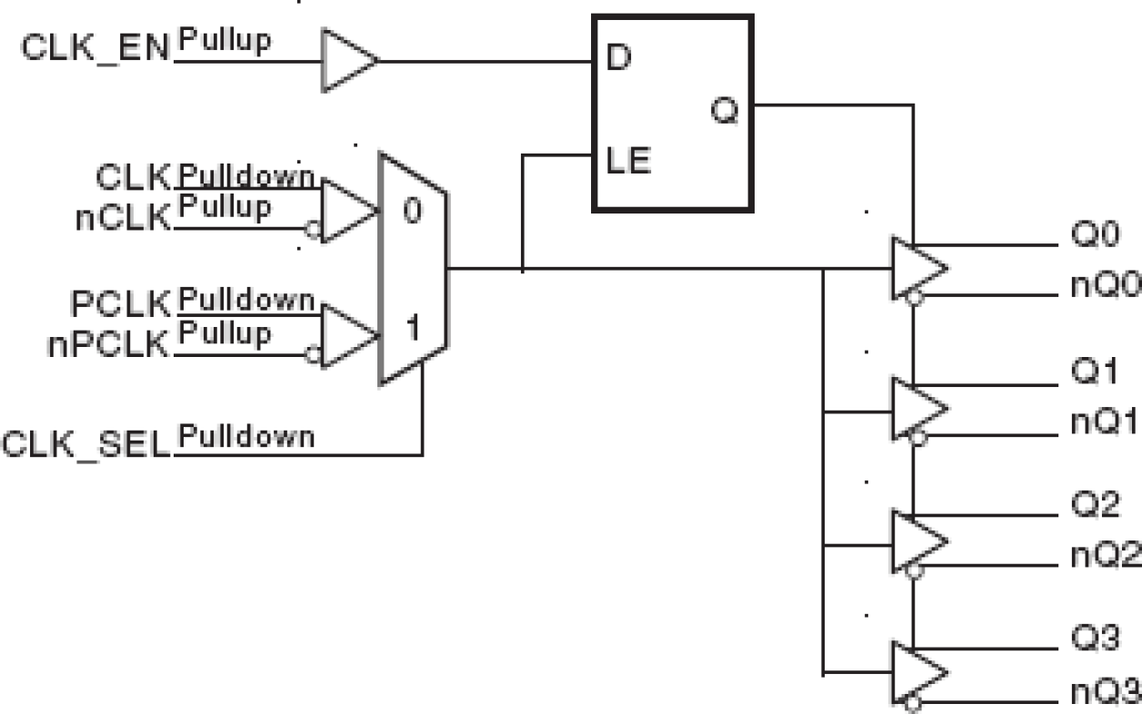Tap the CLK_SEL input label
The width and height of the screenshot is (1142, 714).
click(x=86, y=445)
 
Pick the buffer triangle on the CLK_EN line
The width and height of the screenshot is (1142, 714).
click(x=348, y=61)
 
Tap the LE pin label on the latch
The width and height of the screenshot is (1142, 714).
click(x=627, y=163)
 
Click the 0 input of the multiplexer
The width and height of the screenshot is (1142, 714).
click(x=412, y=212)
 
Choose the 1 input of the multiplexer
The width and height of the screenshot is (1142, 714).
click(x=412, y=329)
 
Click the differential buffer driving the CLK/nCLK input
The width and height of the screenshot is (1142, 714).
click(x=348, y=211)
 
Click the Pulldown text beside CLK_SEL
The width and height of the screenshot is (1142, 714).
click(x=245, y=437)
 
